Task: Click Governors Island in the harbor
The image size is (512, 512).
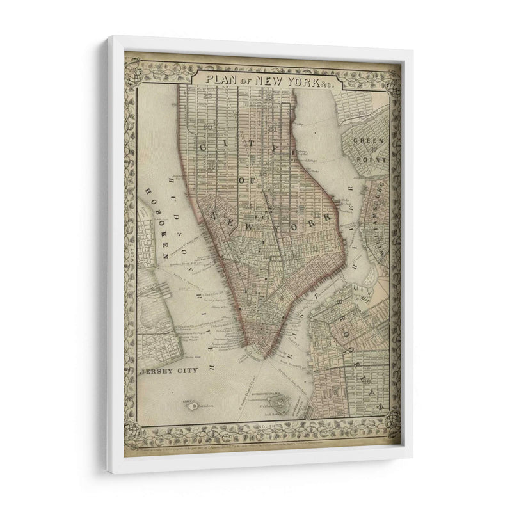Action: coord(280,403)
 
